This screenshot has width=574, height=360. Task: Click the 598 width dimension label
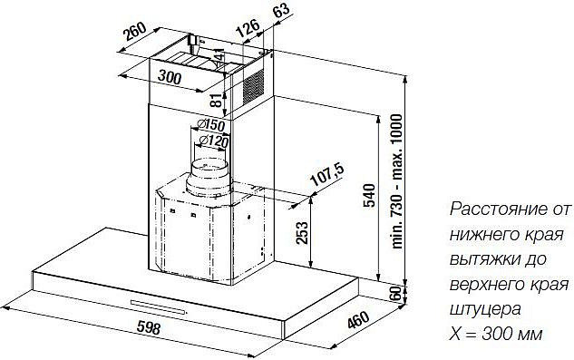[149, 327]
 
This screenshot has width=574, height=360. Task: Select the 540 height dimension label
[370, 196]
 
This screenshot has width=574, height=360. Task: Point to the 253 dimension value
[302, 232]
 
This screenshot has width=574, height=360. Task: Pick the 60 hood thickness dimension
[395, 293]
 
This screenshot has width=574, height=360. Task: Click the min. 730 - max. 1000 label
[396, 181]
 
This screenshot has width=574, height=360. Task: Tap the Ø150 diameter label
[210, 125]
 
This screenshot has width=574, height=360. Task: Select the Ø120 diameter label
[213, 141]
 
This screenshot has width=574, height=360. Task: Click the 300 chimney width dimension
[170, 77]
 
